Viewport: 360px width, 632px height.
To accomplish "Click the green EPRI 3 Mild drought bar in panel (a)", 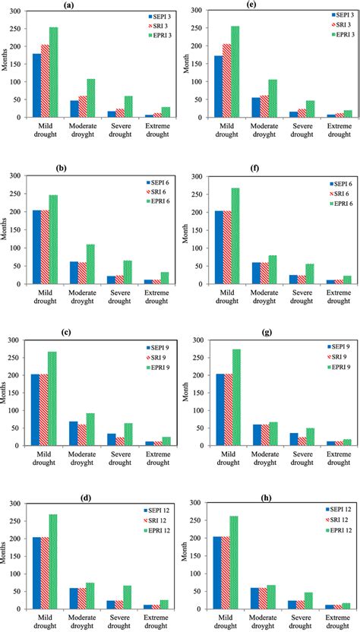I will (54, 72).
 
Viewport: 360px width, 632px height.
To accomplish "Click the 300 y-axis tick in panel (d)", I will (15, 503).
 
